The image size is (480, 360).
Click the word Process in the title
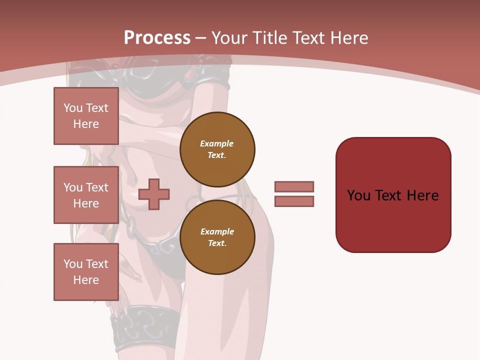157,38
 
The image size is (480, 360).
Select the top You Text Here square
86,116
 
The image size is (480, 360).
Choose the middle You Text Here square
86,195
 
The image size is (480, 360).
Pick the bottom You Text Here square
86,272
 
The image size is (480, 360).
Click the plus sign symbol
154,194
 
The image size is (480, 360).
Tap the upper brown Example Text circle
217,149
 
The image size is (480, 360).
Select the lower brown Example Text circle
217,237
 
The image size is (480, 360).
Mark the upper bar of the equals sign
294,187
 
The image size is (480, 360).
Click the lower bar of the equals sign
294,201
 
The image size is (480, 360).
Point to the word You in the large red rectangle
358,195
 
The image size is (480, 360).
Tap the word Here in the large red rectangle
422,195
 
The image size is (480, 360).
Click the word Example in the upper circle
217,143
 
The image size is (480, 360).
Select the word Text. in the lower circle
217,243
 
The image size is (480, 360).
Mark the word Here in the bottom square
86,280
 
